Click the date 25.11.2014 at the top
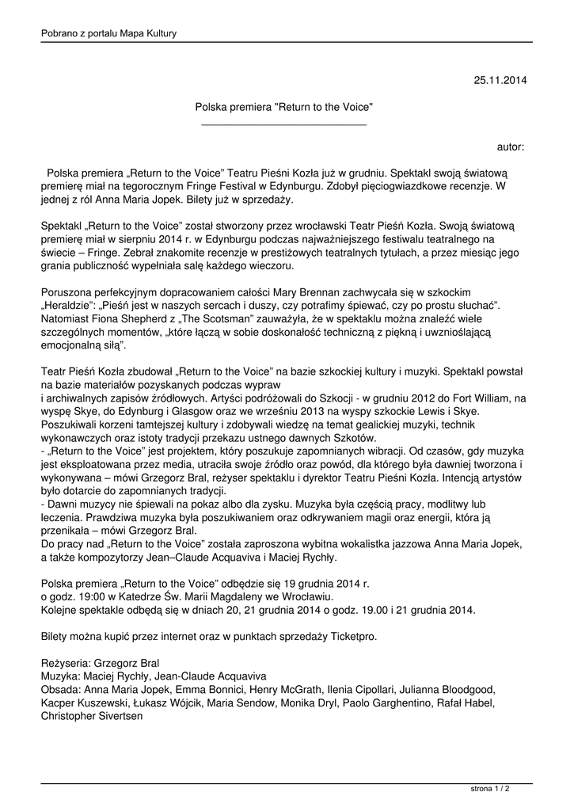tap(500, 80)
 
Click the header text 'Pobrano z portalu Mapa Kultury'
tap(108, 33)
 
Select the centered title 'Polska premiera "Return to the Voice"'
tap(284, 106)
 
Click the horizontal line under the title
tap(284, 124)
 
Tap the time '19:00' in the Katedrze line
tap(89, 596)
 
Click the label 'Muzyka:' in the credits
tap(60, 676)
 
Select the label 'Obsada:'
tap(60, 690)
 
